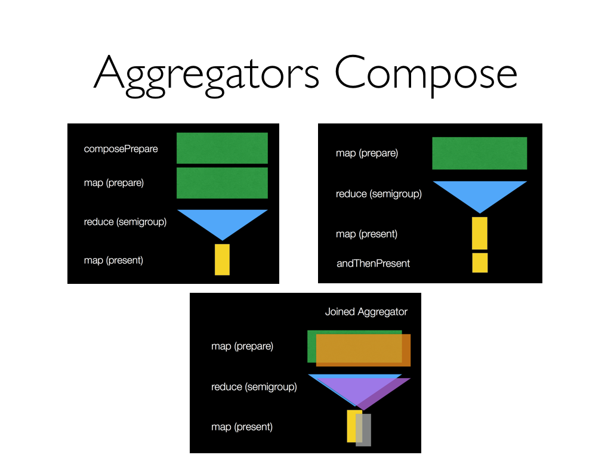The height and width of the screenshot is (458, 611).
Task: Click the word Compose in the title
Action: [425, 73]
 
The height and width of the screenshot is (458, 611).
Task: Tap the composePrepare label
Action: [121, 148]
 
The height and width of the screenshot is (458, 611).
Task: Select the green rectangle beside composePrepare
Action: [222, 147]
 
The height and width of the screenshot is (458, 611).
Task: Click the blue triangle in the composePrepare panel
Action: [222, 221]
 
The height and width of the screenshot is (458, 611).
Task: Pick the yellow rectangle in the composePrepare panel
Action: [222, 259]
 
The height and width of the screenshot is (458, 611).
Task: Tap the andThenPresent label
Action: [373, 263]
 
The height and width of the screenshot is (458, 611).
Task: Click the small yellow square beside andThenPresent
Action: [480, 262]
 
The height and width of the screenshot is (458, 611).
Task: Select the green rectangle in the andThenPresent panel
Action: [479, 153]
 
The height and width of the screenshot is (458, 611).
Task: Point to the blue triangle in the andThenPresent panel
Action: [480, 193]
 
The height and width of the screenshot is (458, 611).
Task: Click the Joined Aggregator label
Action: [366, 311]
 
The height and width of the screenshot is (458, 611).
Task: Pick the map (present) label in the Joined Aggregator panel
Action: [242, 426]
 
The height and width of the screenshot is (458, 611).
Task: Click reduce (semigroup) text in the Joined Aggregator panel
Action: [254, 387]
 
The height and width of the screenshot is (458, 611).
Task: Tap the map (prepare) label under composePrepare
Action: [113, 182]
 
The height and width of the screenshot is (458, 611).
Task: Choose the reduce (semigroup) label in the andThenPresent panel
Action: [378, 193]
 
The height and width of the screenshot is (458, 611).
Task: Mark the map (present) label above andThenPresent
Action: [366, 234]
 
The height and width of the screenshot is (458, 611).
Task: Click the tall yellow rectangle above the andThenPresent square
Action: [480, 233]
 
